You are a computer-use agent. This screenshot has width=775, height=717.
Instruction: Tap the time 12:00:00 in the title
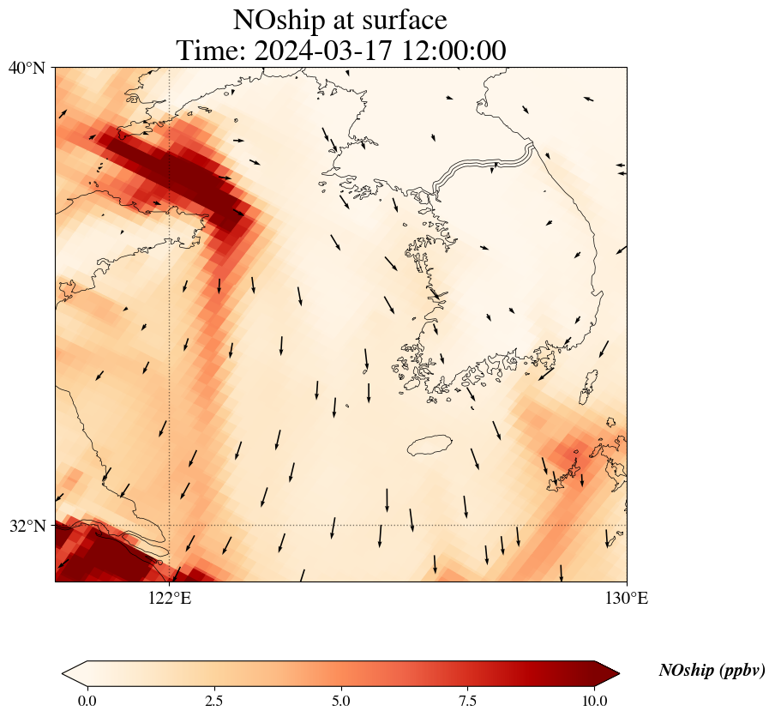coord(454,51)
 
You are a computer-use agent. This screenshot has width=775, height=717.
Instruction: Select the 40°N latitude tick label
coord(27,67)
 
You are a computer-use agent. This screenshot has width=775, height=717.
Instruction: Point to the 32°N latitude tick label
coord(27,525)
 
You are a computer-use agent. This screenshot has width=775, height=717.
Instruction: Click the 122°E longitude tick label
coord(170,598)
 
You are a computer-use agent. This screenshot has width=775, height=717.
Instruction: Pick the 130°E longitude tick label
coord(627,598)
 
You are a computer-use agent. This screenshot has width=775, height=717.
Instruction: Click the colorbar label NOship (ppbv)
coord(712,671)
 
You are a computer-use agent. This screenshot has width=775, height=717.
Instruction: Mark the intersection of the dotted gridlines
coord(170,525)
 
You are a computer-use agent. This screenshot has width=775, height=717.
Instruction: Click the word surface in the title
coord(402,20)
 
